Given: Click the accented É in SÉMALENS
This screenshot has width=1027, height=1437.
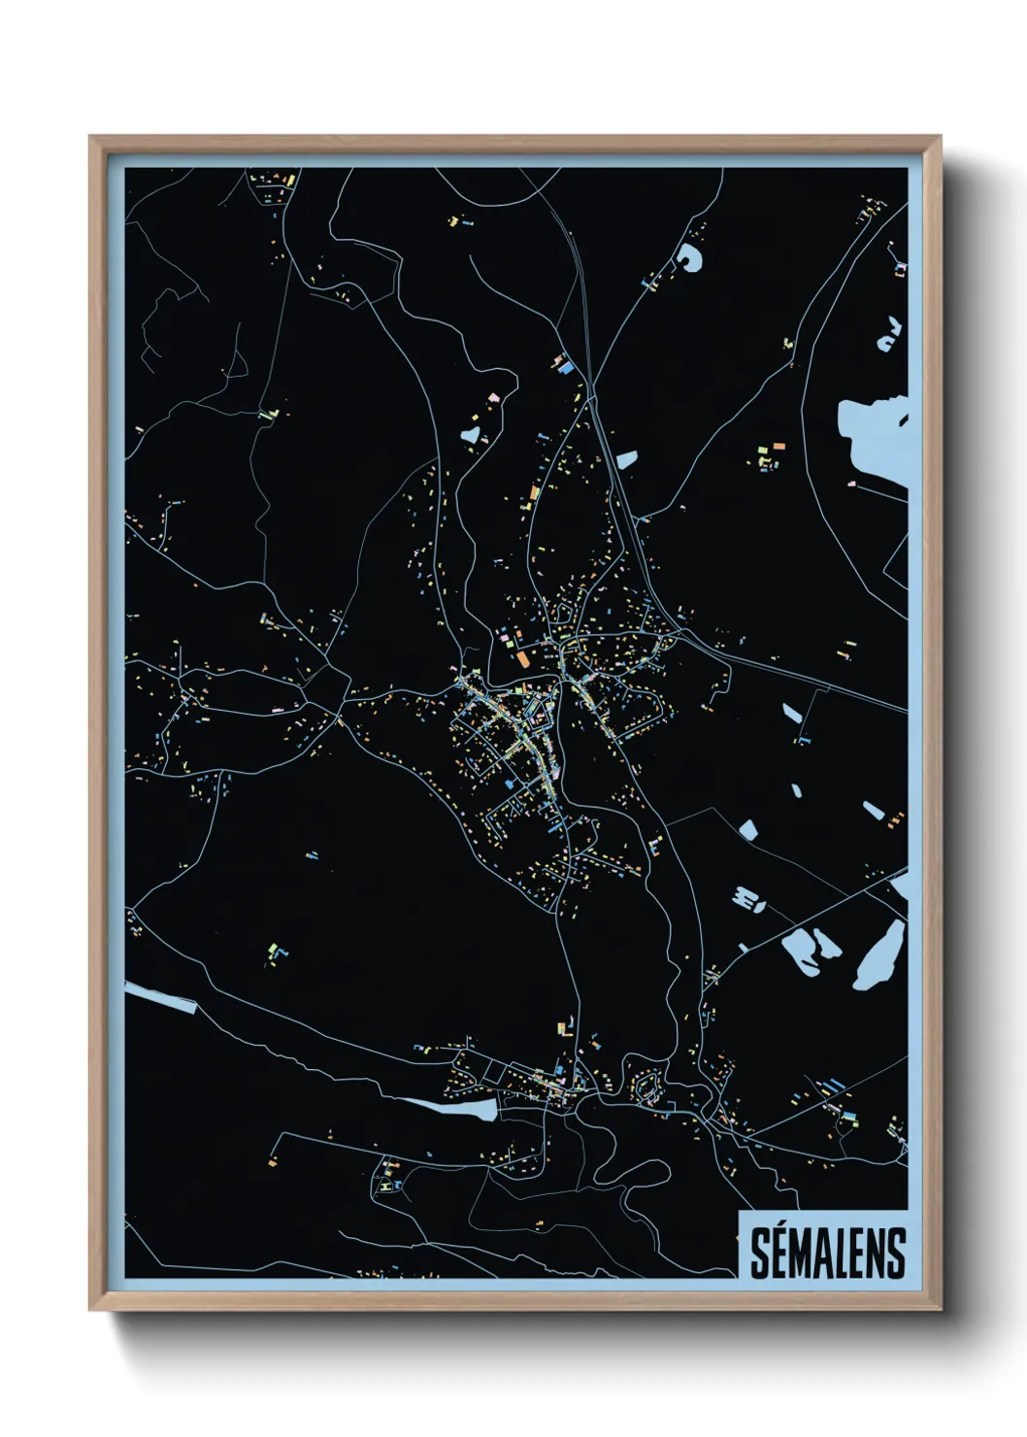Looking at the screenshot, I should click(778, 1253).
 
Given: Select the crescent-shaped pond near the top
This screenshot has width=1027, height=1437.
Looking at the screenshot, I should click(689, 256).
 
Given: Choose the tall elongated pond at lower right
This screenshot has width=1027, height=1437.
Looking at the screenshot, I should click(879, 955).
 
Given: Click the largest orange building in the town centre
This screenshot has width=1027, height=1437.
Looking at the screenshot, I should click(523, 658).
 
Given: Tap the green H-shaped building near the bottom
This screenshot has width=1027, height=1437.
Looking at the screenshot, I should click(388, 1186).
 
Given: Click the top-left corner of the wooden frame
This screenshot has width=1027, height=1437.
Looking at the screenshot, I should click(92, 139).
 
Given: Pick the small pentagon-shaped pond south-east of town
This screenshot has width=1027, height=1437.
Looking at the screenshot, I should click(747, 829).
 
